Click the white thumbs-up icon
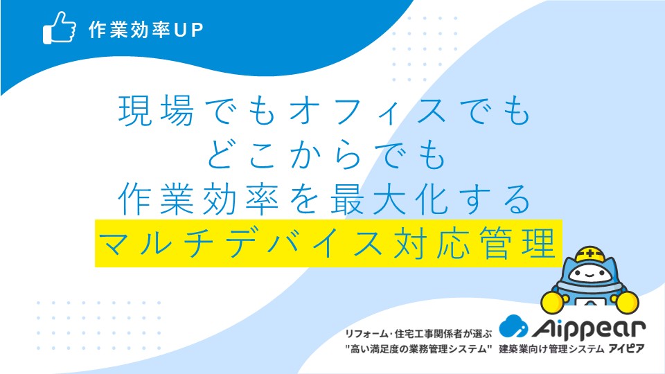[60, 28]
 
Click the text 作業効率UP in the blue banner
[146, 30]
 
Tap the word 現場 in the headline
[156, 110]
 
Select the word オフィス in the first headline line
[367, 111]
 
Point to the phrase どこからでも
[326, 154]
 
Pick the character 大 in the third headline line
[389, 199]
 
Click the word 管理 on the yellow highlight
[517, 243]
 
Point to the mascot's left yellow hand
[553, 301]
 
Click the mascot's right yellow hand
[628, 303]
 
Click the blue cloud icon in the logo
[513, 326]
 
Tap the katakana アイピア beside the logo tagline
[626, 348]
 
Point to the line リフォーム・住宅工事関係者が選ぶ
[418, 334]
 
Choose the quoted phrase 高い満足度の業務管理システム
[418, 349]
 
